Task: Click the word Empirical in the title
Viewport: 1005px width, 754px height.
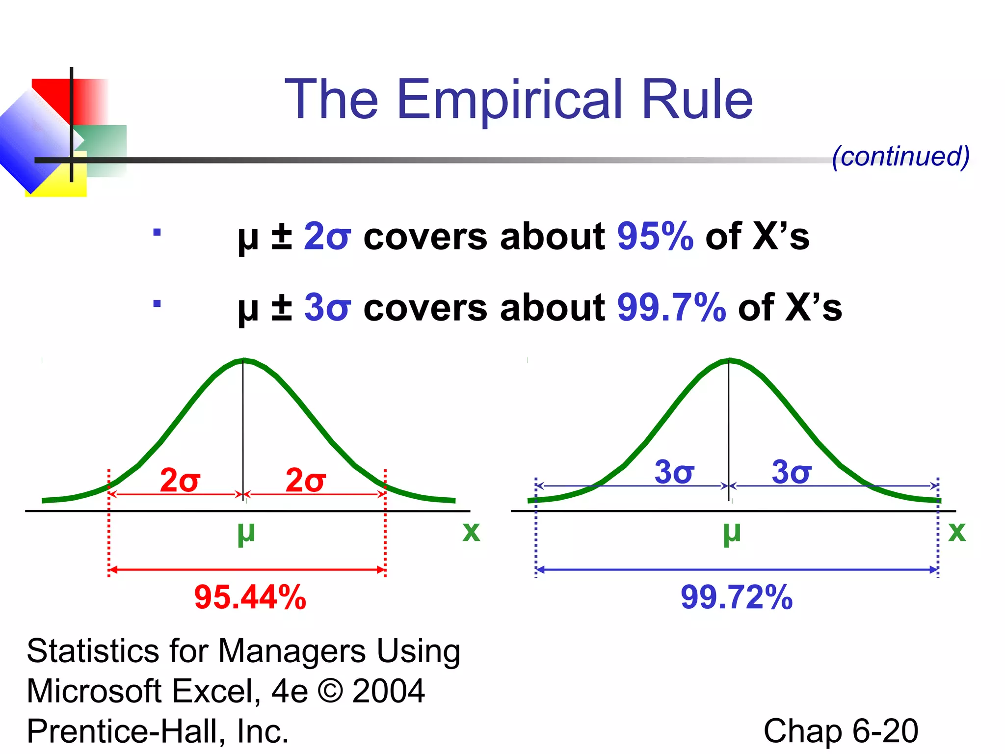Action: (x=509, y=101)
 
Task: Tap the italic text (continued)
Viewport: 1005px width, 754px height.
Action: (x=900, y=157)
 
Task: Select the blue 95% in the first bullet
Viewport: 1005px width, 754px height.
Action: (x=655, y=237)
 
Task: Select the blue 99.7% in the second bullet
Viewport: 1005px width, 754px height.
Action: (x=671, y=308)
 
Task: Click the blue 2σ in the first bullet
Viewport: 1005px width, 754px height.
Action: (x=327, y=237)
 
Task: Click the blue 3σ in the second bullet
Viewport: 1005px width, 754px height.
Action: (x=327, y=308)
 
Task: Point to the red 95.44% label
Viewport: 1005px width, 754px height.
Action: (x=250, y=597)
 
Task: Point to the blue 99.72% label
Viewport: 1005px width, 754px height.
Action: (x=736, y=597)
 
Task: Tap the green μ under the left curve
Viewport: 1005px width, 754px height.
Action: (x=246, y=533)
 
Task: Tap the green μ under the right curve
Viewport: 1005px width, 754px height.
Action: (x=732, y=533)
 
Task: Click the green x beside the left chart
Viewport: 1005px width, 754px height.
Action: (x=471, y=532)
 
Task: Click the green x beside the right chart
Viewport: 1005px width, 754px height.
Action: (x=957, y=532)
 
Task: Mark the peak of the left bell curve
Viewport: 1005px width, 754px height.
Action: (x=243, y=361)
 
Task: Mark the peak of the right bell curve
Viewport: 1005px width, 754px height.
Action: (x=729, y=361)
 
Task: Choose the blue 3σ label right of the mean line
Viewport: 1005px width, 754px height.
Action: (x=792, y=472)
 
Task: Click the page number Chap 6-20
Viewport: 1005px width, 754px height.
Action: (x=841, y=731)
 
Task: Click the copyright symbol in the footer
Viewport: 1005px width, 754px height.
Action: (x=330, y=691)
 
